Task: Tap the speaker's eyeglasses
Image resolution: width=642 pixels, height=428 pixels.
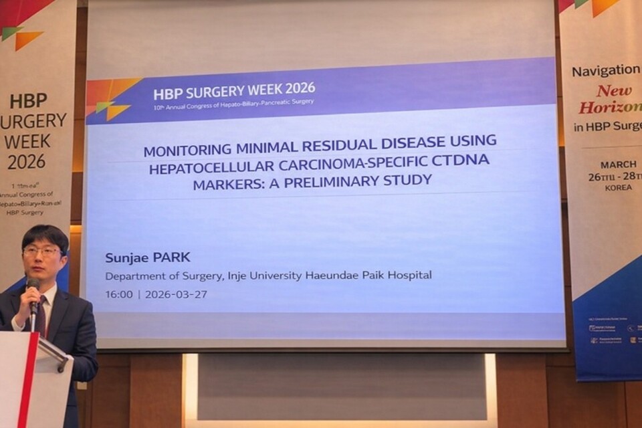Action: pyautogui.click(x=41, y=252)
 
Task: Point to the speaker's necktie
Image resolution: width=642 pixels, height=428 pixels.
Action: pyautogui.click(x=41, y=315)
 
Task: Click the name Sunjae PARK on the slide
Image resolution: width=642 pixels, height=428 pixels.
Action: pyautogui.click(x=148, y=257)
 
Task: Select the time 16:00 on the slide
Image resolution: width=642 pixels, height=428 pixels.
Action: pyautogui.click(x=120, y=294)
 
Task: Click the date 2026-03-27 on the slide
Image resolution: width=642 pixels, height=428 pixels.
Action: pyautogui.click(x=176, y=294)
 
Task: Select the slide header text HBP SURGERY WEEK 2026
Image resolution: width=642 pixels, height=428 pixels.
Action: pyautogui.click(x=234, y=89)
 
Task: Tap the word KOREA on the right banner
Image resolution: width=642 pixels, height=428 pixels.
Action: pyautogui.click(x=618, y=188)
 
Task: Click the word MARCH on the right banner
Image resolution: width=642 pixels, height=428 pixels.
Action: pyautogui.click(x=618, y=165)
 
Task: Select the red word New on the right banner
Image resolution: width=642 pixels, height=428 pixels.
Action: pyautogui.click(x=615, y=91)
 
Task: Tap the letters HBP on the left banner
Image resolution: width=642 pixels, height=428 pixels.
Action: pyautogui.click(x=29, y=101)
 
